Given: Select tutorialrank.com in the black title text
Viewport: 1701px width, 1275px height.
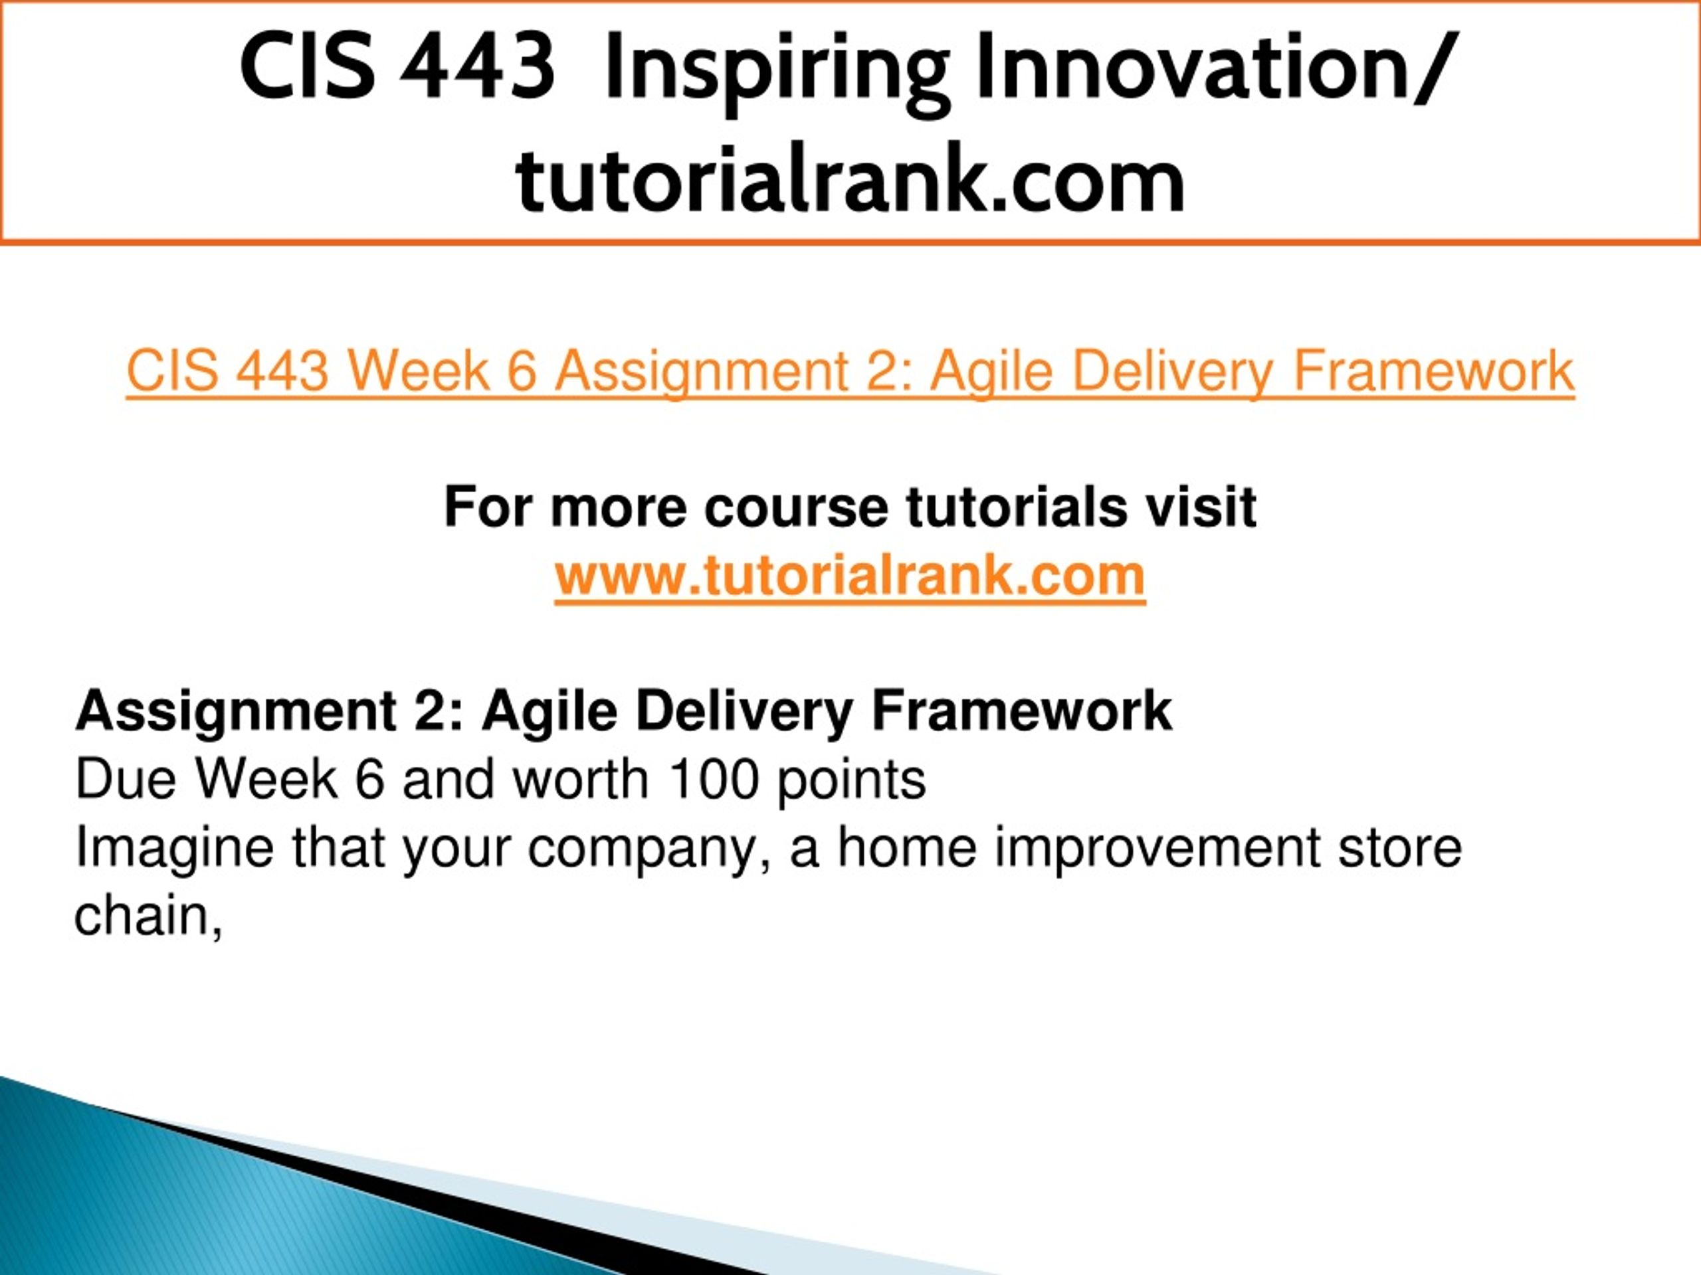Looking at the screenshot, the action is (850, 180).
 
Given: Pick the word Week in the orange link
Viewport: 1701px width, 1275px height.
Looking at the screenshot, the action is (419, 371).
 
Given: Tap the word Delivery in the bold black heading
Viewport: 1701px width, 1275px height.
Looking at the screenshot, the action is (744, 712).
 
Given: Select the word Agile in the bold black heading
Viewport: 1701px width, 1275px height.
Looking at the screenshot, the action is (550, 712).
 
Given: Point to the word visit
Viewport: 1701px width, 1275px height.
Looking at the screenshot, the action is (1201, 507).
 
